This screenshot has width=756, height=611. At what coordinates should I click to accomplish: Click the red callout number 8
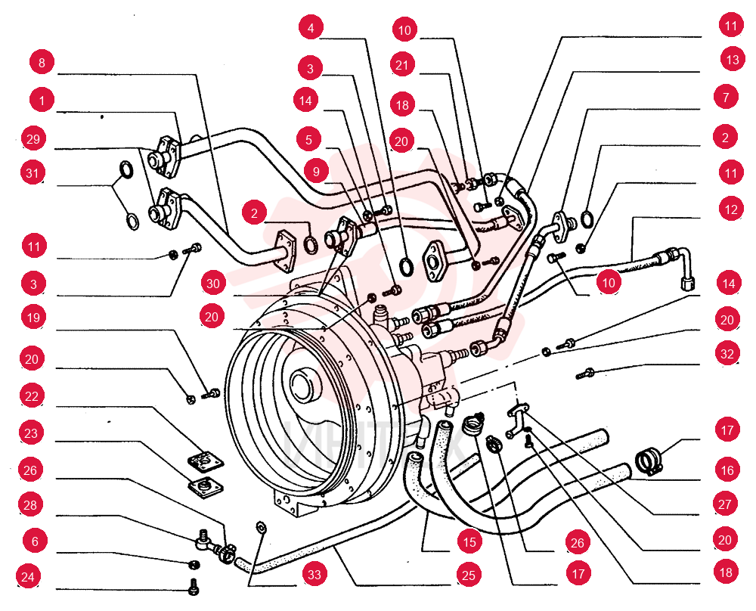point(42,63)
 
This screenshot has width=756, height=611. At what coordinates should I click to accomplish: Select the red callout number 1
point(42,101)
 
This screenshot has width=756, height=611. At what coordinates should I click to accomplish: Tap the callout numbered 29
point(33,139)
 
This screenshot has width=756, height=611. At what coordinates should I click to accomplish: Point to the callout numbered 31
point(33,172)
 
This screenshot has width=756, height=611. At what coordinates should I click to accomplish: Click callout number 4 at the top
point(311,28)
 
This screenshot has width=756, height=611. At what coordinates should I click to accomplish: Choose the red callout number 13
point(733,60)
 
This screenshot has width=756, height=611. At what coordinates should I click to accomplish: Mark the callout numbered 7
point(726,98)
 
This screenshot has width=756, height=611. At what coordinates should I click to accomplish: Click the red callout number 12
point(731,209)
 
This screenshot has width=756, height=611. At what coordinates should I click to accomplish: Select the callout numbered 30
point(213,284)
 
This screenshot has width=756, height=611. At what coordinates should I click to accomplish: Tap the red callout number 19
point(33,318)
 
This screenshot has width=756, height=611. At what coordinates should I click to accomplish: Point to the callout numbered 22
point(32,396)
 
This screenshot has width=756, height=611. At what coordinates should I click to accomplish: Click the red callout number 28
point(30,505)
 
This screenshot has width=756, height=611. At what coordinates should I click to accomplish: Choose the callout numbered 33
point(314,575)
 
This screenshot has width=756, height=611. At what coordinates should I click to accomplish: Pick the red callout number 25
point(469,575)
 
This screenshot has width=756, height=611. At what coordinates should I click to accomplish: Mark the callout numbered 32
point(727,354)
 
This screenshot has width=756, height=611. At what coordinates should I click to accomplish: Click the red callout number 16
point(727,470)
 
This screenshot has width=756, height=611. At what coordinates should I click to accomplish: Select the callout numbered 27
point(725,504)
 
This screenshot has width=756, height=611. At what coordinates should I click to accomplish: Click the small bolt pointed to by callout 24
point(194,586)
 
